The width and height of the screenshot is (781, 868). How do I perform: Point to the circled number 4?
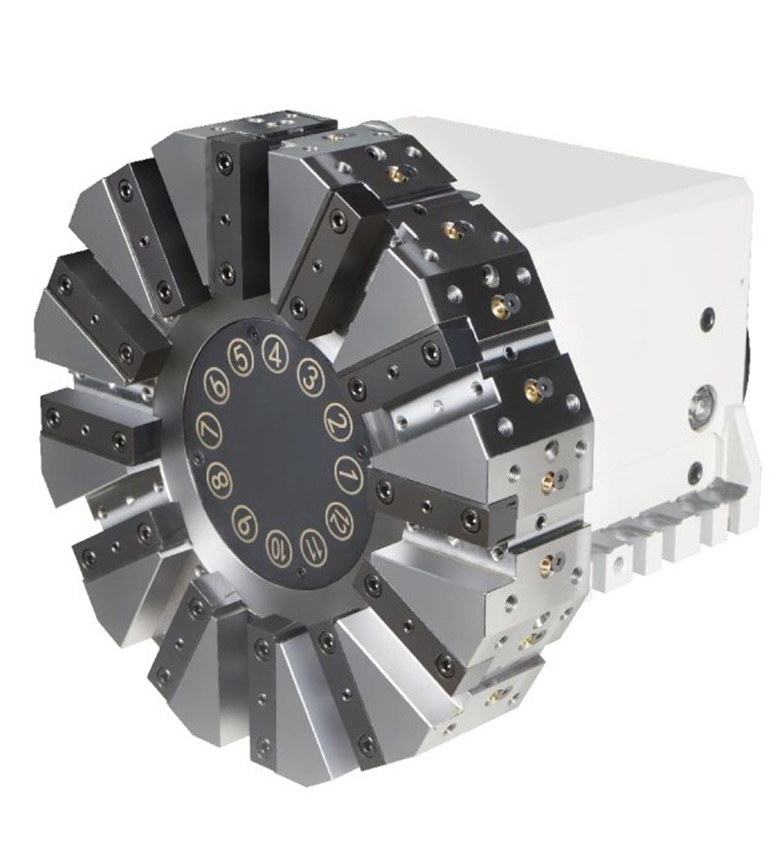point(274,355)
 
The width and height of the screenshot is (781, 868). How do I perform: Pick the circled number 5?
point(240,358)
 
